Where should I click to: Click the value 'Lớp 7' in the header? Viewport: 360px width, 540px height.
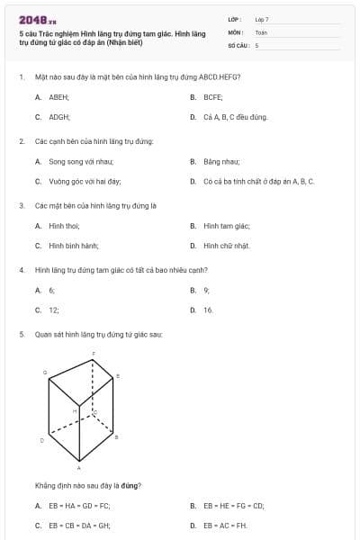pyautogui.click(x=262, y=19)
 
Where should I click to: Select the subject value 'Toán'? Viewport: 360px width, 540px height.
pyautogui.click(x=261, y=31)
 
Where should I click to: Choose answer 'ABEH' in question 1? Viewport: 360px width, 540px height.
pyautogui.click(x=58, y=96)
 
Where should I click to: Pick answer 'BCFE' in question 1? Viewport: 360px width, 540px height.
pyautogui.click(x=213, y=96)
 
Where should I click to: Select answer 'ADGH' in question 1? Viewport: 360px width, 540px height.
pyautogui.click(x=59, y=117)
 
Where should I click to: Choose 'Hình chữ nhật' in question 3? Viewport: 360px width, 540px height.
pyautogui.click(x=227, y=246)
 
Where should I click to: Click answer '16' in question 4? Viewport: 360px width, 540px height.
pyautogui.click(x=208, y=310)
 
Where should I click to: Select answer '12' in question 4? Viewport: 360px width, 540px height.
pyautogui.click(x=54, y=310)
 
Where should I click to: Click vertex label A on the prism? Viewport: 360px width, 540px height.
pyautogui.click(x=79, y=469)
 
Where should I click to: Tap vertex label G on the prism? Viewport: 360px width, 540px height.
pyautogui.click(x=45, y=372)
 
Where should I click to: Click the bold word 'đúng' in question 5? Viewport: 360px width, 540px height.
pyautogui.click(x=125, y=486)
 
